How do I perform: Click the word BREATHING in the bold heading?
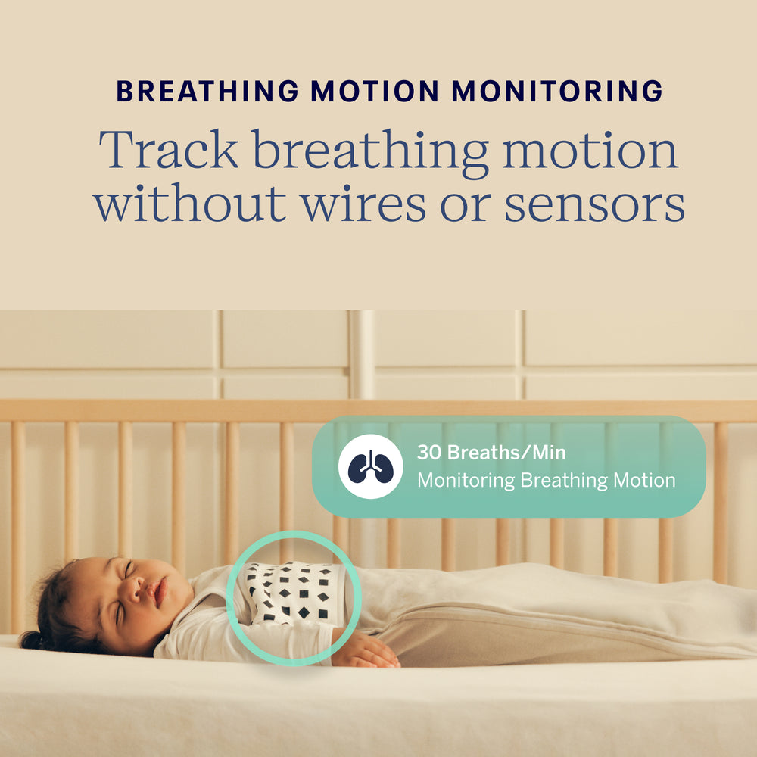click(x=207, y=92)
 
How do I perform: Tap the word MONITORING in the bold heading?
click(x=557, y=92)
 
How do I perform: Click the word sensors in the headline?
click(x=595, y=204)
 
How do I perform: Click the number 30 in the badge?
click(x=429, y=453)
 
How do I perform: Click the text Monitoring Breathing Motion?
click(x=546, y=480)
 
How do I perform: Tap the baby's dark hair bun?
click(x=34, y=640)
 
